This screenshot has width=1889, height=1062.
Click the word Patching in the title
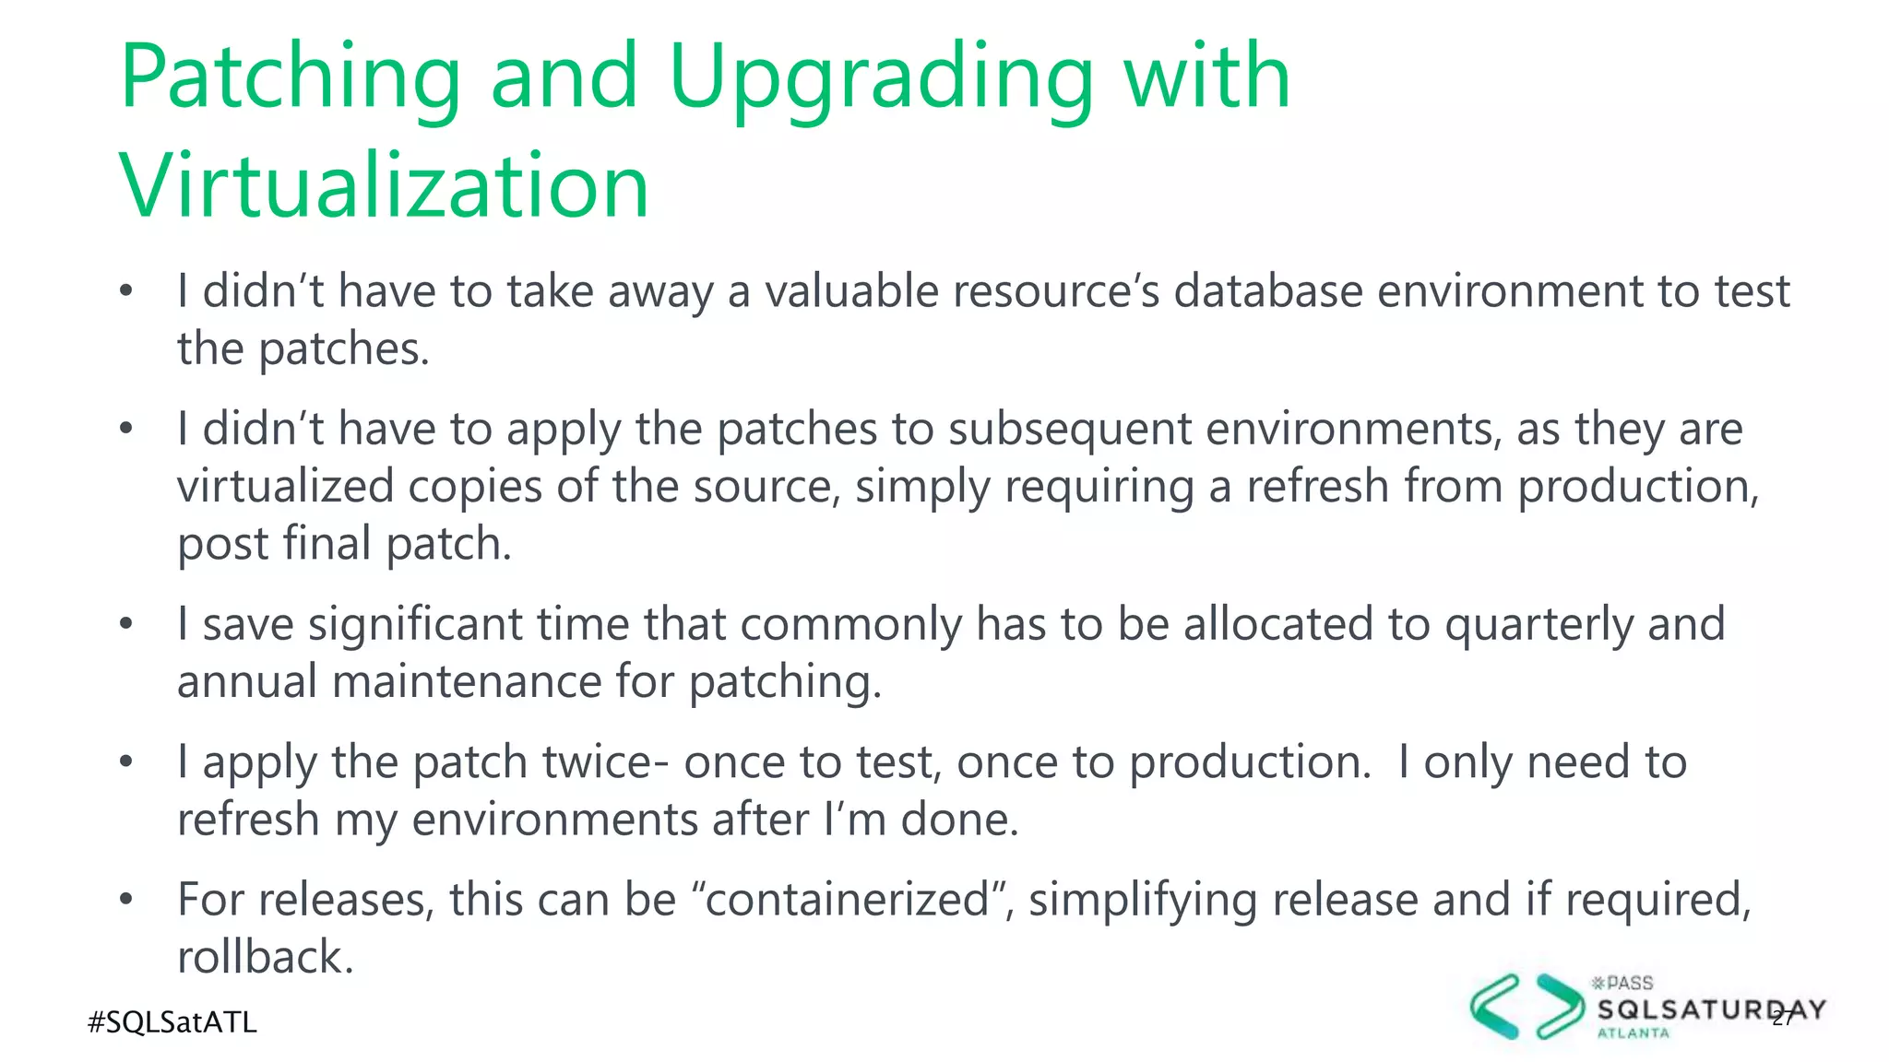(x=290, y=78)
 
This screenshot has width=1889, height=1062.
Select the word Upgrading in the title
(x=880, y=78)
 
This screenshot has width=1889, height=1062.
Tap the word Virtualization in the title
(x=384, y=187)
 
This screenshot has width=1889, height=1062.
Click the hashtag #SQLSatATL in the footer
(x=172, y=1022)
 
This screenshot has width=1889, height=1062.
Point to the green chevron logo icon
(x=1526, y=1007)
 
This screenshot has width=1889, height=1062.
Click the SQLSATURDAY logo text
(x=1711, y=1010)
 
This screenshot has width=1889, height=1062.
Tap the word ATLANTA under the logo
(x=1633, y=1033)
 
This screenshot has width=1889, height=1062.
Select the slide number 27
(x=1783, y=1018)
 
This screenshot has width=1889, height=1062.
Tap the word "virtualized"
(x=285, y=487)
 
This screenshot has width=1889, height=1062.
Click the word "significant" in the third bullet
(x=415, y=624)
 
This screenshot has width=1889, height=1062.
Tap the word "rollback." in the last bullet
(x=266, y=957)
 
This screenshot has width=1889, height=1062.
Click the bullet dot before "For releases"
(x=126, y=899)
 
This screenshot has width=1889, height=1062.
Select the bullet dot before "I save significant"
(x=126, y=624)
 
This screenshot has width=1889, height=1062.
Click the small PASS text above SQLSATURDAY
(x=1628, y=983)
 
